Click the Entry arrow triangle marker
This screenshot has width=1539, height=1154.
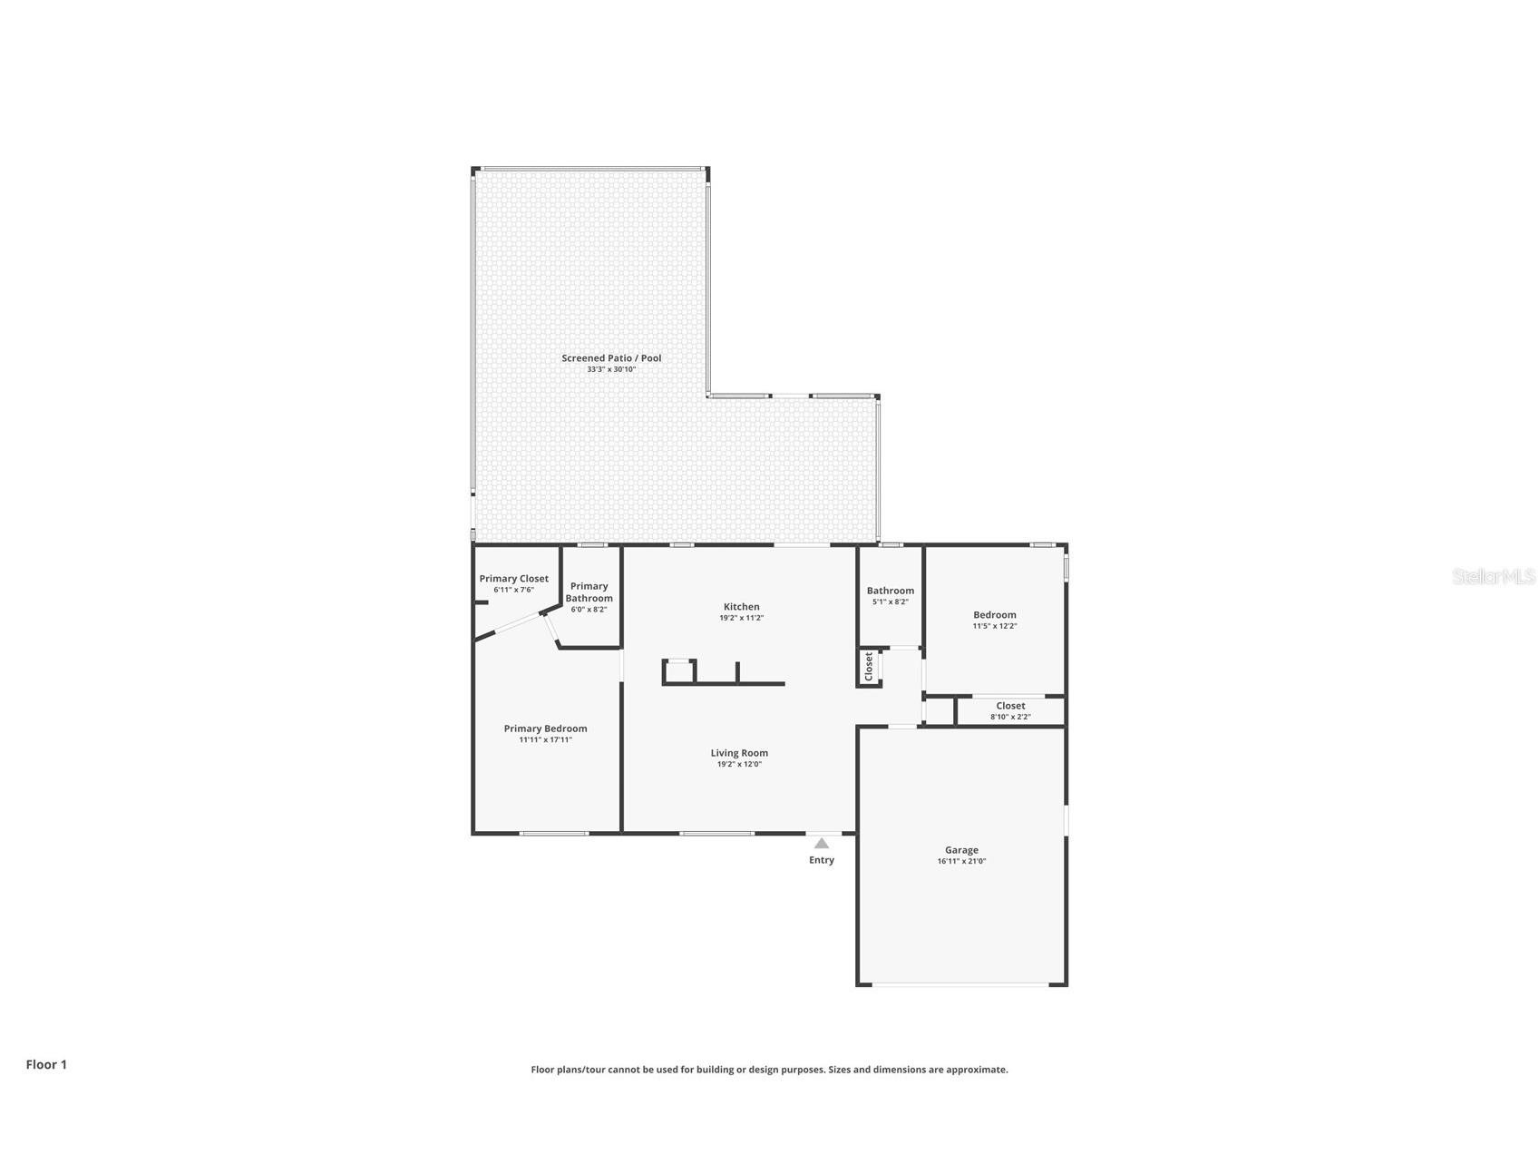821,843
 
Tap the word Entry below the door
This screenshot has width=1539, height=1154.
821,860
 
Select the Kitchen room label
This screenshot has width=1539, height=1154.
741,607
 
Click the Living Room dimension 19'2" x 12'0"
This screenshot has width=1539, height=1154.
739,765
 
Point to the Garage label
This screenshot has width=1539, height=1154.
961,850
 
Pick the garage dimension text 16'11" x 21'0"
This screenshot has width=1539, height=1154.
961,862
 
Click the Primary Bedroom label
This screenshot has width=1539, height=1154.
545,729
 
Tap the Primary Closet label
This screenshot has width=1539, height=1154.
513,579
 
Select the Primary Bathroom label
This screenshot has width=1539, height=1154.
589,592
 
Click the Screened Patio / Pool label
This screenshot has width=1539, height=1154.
611,358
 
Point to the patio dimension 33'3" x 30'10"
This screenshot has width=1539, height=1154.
611,370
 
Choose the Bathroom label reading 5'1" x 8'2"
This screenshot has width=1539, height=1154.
890,591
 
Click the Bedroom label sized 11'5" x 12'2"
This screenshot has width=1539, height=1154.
994,615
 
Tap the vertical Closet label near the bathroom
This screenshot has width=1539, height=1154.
868,666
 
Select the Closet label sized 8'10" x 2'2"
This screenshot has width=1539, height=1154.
1010,706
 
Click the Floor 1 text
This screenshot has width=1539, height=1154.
46,1065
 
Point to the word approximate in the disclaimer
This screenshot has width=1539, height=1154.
976,1070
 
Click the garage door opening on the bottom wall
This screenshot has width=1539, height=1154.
961,985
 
